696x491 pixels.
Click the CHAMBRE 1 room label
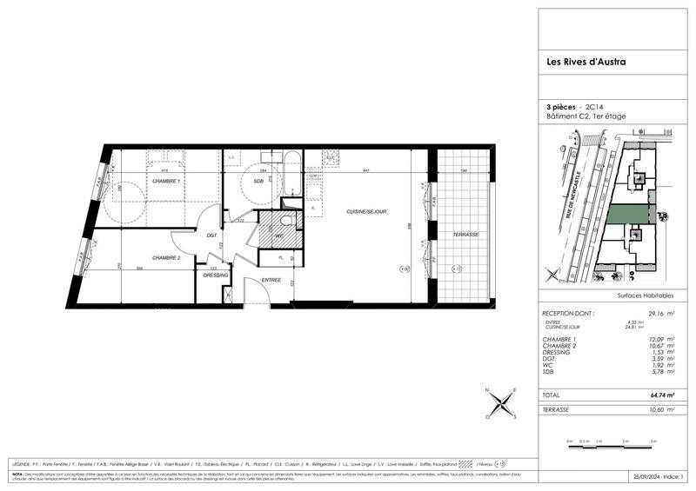click(167, 181)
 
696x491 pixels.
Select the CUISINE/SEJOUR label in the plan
click(365, 211)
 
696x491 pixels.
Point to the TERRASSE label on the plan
click(465, 236)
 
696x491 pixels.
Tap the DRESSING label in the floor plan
click(216, 275)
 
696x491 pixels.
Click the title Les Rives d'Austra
click(578, 61)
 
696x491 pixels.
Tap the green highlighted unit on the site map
click(628, 213)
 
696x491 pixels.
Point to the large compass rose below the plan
click(502, 405)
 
